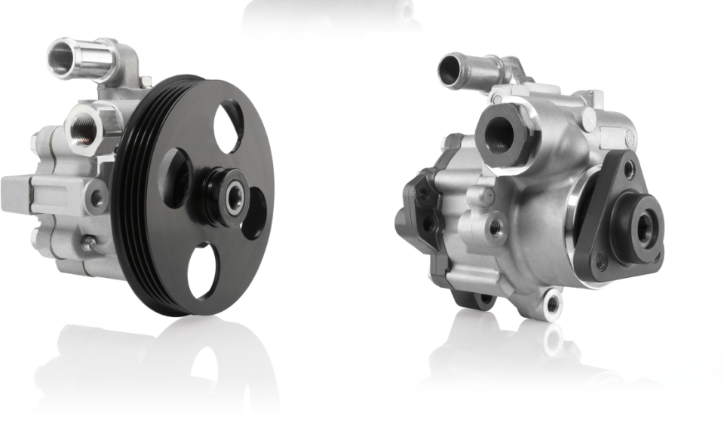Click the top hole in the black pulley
coord(229,127)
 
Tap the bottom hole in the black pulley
coord(203,272)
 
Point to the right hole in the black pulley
coord(255,213)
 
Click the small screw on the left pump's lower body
coord(89,243)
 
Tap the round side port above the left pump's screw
coord(96,199)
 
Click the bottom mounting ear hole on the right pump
coord(553,305)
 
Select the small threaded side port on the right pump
coord(495,229)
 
